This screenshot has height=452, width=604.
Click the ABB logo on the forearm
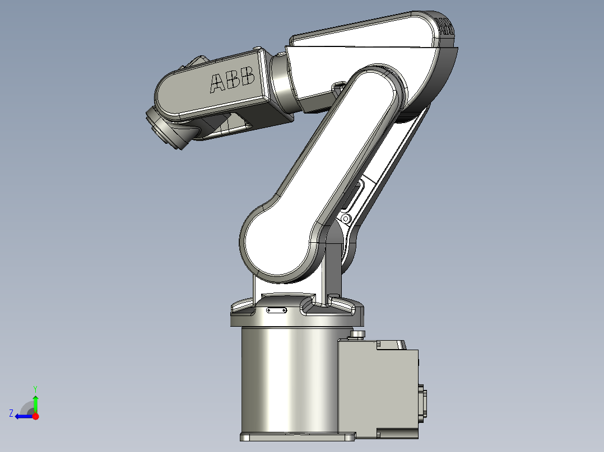232,82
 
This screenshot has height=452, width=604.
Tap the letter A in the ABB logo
217,84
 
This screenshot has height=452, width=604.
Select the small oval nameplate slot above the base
276,309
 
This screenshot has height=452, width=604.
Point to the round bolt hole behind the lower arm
346,218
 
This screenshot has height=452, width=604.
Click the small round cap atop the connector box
357,335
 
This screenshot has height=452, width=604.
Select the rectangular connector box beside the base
378,389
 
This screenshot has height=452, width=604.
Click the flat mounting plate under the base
297,436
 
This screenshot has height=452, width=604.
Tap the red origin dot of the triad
35,416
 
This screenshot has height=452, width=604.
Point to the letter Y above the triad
35,388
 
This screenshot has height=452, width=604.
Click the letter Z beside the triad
11,413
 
